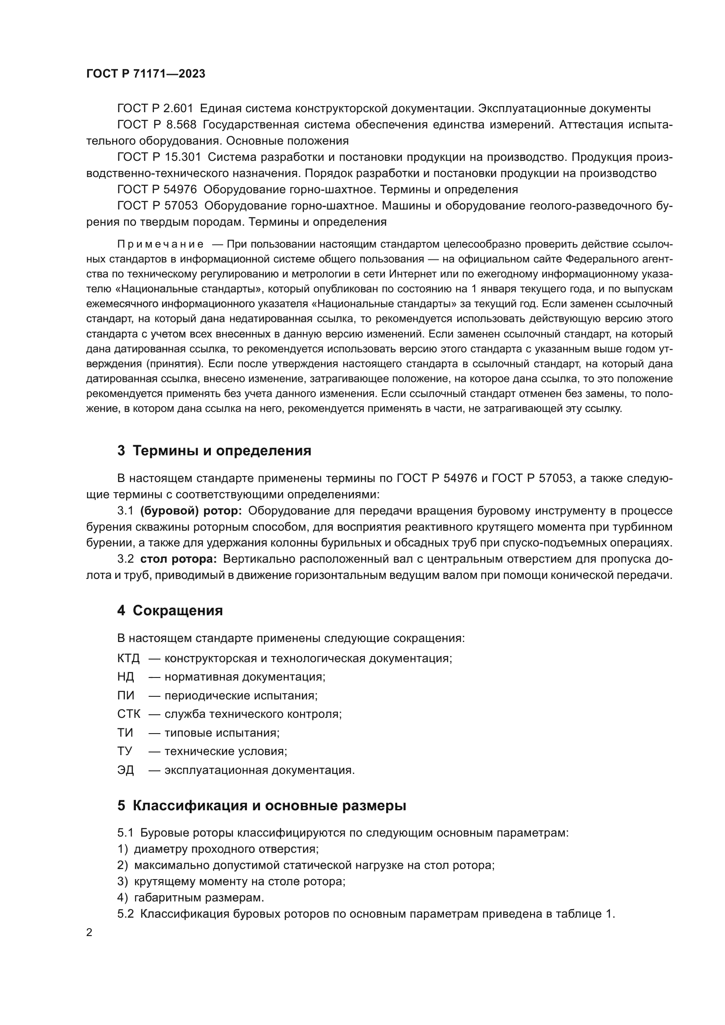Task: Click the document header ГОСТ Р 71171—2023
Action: point(146,74)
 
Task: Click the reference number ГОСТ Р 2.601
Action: point(155,109)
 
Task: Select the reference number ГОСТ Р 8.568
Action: point(156,124)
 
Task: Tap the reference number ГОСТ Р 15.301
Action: point(159,157)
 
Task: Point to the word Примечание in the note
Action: point(160,244)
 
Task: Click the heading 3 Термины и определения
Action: point(214,450)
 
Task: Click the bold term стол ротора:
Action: point(178,559)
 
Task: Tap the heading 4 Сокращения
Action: point(170,610)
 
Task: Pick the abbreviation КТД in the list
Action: point(128,658)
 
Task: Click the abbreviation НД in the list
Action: point(125,677)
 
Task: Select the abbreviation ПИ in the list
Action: point(125,695)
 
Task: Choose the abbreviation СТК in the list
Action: point(128,714)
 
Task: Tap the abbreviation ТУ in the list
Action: point(125,752)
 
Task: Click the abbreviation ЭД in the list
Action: point(125,770)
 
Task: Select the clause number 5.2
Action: point(125,914)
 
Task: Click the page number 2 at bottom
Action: point(89,933)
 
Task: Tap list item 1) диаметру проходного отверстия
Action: point(218,849)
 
